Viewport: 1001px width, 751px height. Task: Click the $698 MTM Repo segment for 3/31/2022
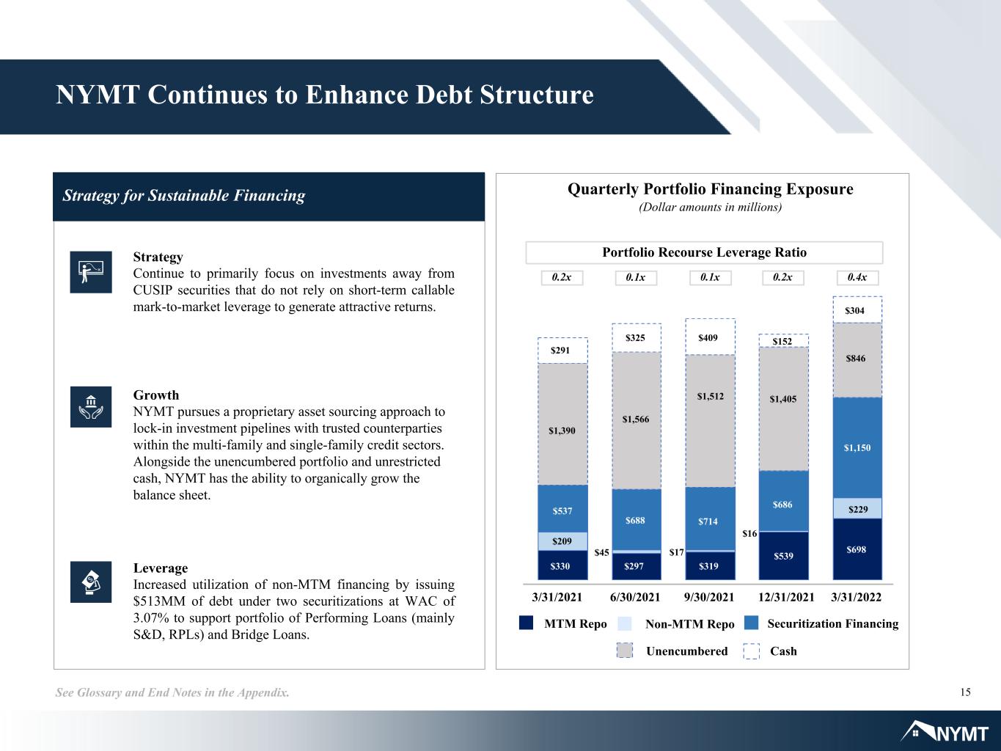pyautogui.click(x=857, y=549)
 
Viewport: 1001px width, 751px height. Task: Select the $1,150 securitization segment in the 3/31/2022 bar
pyautogui.click(x=857, y=448)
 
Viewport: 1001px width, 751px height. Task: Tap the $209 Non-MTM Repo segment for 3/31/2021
pyautogui.click(x=562, y=541)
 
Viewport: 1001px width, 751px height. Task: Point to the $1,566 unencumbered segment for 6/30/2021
pyautogui.click(x=637, y=420)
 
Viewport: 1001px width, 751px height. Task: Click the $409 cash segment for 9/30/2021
pyautogui.click(x=710, y=337)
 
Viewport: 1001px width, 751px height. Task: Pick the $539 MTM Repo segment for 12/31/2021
pyautogui.click(x=783, y=556)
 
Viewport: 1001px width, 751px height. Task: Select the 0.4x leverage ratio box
pyautogui.click(x=857, y=277)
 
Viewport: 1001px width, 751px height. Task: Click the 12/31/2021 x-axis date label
pyautogui.click(x=786, y=597)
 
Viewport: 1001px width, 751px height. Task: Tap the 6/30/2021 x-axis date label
pyautogui.click(x=635, y=597)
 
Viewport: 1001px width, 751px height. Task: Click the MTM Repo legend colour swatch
pyautogui.click(x=526, y=623)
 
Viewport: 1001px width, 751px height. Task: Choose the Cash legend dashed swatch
pyautogui.click(x=751, y=651)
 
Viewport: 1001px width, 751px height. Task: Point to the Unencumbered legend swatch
pyautogui.click(x=625, y=651)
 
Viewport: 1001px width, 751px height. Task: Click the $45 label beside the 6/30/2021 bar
pyautogui.click(x=601, y=553)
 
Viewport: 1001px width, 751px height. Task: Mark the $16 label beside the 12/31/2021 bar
pyautogui.click(x=749, y=533)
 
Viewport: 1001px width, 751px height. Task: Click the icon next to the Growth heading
pyautogui.click(x=91, y=407)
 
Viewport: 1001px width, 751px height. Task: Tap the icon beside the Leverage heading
pyautogui.click(x=91, y=582)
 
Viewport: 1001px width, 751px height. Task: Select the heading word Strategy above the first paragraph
pyautogui.click(x=158, y=257)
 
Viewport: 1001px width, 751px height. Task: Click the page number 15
pyautogui.click(x=965, y=692)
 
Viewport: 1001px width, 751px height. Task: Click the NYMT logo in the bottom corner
pyautogui.click(x=945, y=732)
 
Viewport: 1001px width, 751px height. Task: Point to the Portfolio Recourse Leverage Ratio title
pyautogui.click(x=704, y=252)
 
